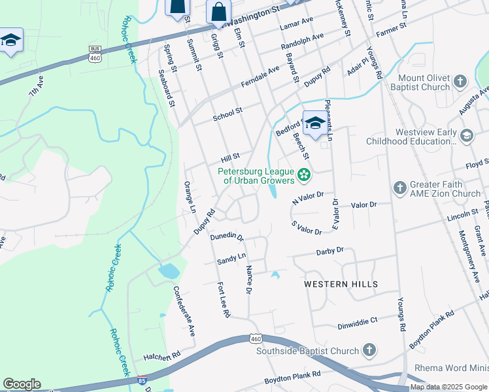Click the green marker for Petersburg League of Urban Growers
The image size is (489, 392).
303,174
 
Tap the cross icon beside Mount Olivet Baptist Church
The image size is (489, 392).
460,82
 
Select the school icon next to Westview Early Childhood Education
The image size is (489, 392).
466,135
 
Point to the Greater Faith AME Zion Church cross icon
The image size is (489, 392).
400,188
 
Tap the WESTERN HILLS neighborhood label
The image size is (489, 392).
341,284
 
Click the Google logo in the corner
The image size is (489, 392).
22,384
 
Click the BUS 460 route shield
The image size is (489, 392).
95,54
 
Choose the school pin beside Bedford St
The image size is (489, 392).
315,123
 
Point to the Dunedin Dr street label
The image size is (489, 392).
228,238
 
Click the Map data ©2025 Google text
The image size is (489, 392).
448,387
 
